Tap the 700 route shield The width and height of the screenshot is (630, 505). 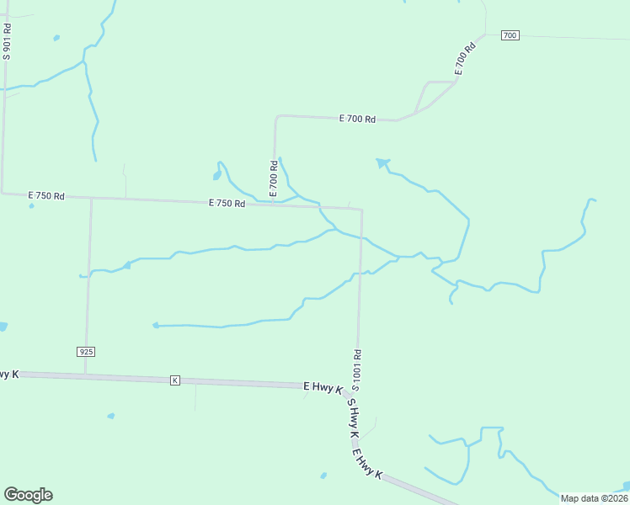coord(510,35)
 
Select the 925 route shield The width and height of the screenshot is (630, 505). coord(85,350)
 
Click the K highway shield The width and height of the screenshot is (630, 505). coord(175,380)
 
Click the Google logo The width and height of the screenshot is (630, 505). coord(28,495)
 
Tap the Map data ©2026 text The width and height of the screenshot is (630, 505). coord(594,498)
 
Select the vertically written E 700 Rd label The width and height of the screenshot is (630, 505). coord(274,179)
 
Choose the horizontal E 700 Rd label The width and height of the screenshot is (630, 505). coord(357,120)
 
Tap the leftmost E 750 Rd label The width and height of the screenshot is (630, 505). coord(46,195)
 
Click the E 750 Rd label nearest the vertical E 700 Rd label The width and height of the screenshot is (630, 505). coord(227,203)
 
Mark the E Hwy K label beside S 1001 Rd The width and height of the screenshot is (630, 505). coord(323,387)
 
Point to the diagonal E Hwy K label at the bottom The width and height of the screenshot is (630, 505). coord(368,465)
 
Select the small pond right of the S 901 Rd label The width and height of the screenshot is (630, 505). coord(56,38)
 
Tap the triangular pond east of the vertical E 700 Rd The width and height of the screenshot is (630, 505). coord(383,162)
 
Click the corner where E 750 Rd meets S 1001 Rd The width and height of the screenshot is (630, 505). coord(362,210)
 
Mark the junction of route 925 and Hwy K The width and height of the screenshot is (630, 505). coord(84,375)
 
